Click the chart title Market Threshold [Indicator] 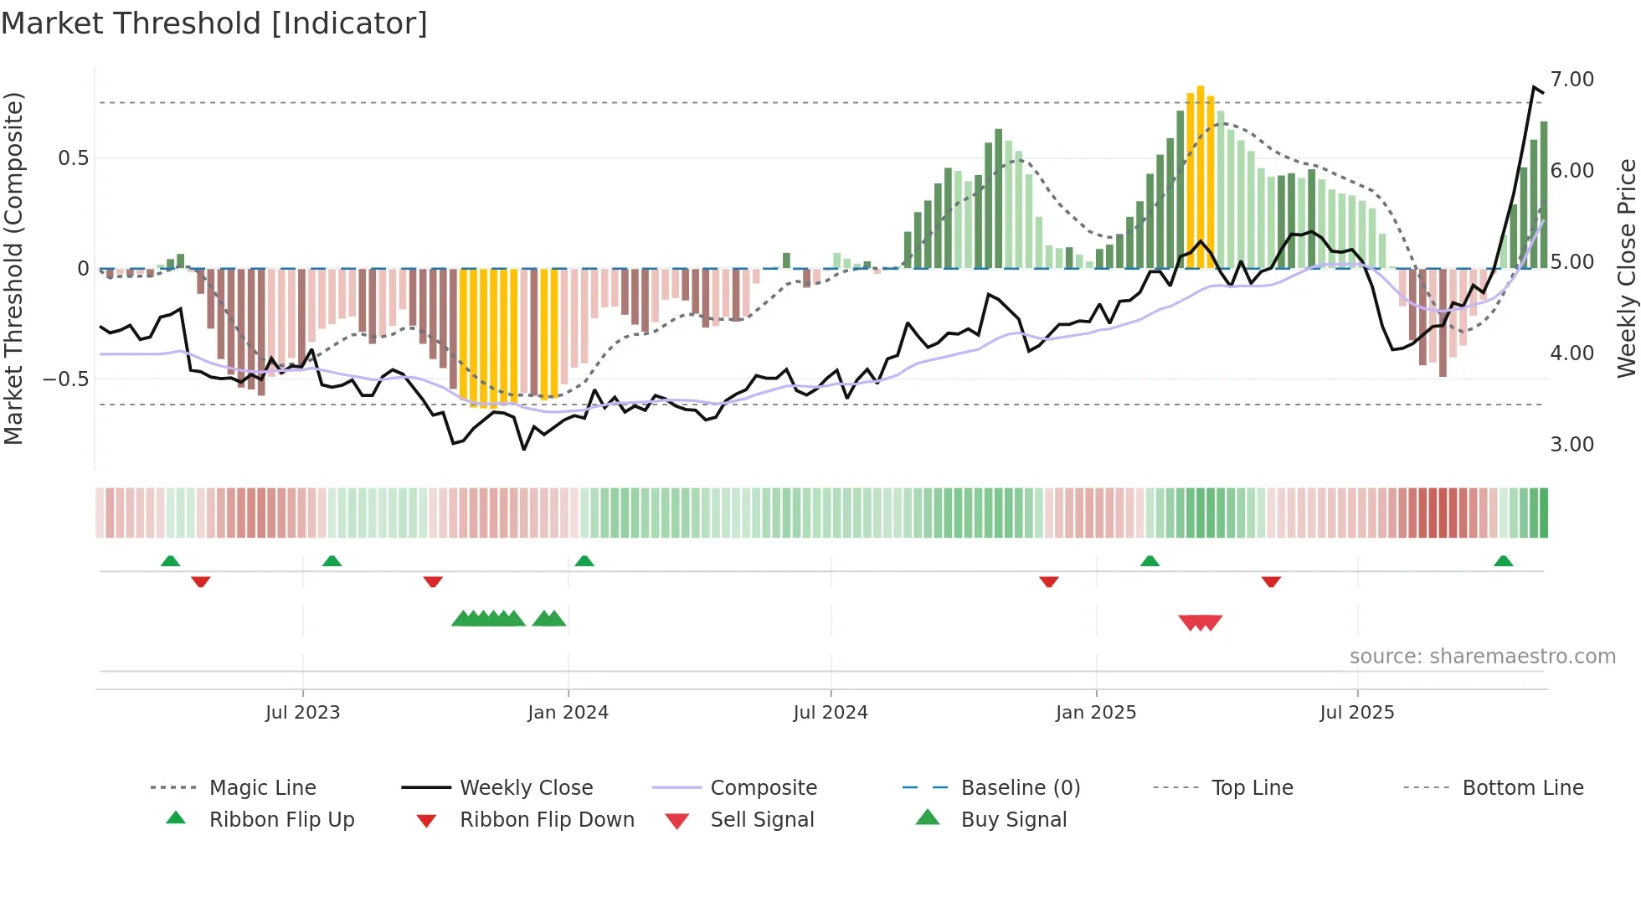pos(214,23)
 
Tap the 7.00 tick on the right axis pos(1572,80)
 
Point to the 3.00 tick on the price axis pos(1572,445)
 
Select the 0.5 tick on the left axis pos(73,158)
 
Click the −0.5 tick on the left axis pos(66,379)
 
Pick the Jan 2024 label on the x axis pos(568,713)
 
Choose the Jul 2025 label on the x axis pos(1356,713)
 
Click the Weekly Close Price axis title pos(1625,268)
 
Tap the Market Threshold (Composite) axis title pos(13,268)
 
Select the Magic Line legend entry pos(262,788)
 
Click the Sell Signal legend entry pos(761,820)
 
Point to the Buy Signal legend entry pos(1013,820)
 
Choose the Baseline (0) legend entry pos(1020,788)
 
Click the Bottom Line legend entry pos(1522,788)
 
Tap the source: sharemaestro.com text pos(1482,657)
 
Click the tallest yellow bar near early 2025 pos(1200,176)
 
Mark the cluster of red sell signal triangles pos(1200,622)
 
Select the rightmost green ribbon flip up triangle pos(1503,561)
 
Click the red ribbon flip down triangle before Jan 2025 pos(1048,581)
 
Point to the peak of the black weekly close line pos(1534,87)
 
